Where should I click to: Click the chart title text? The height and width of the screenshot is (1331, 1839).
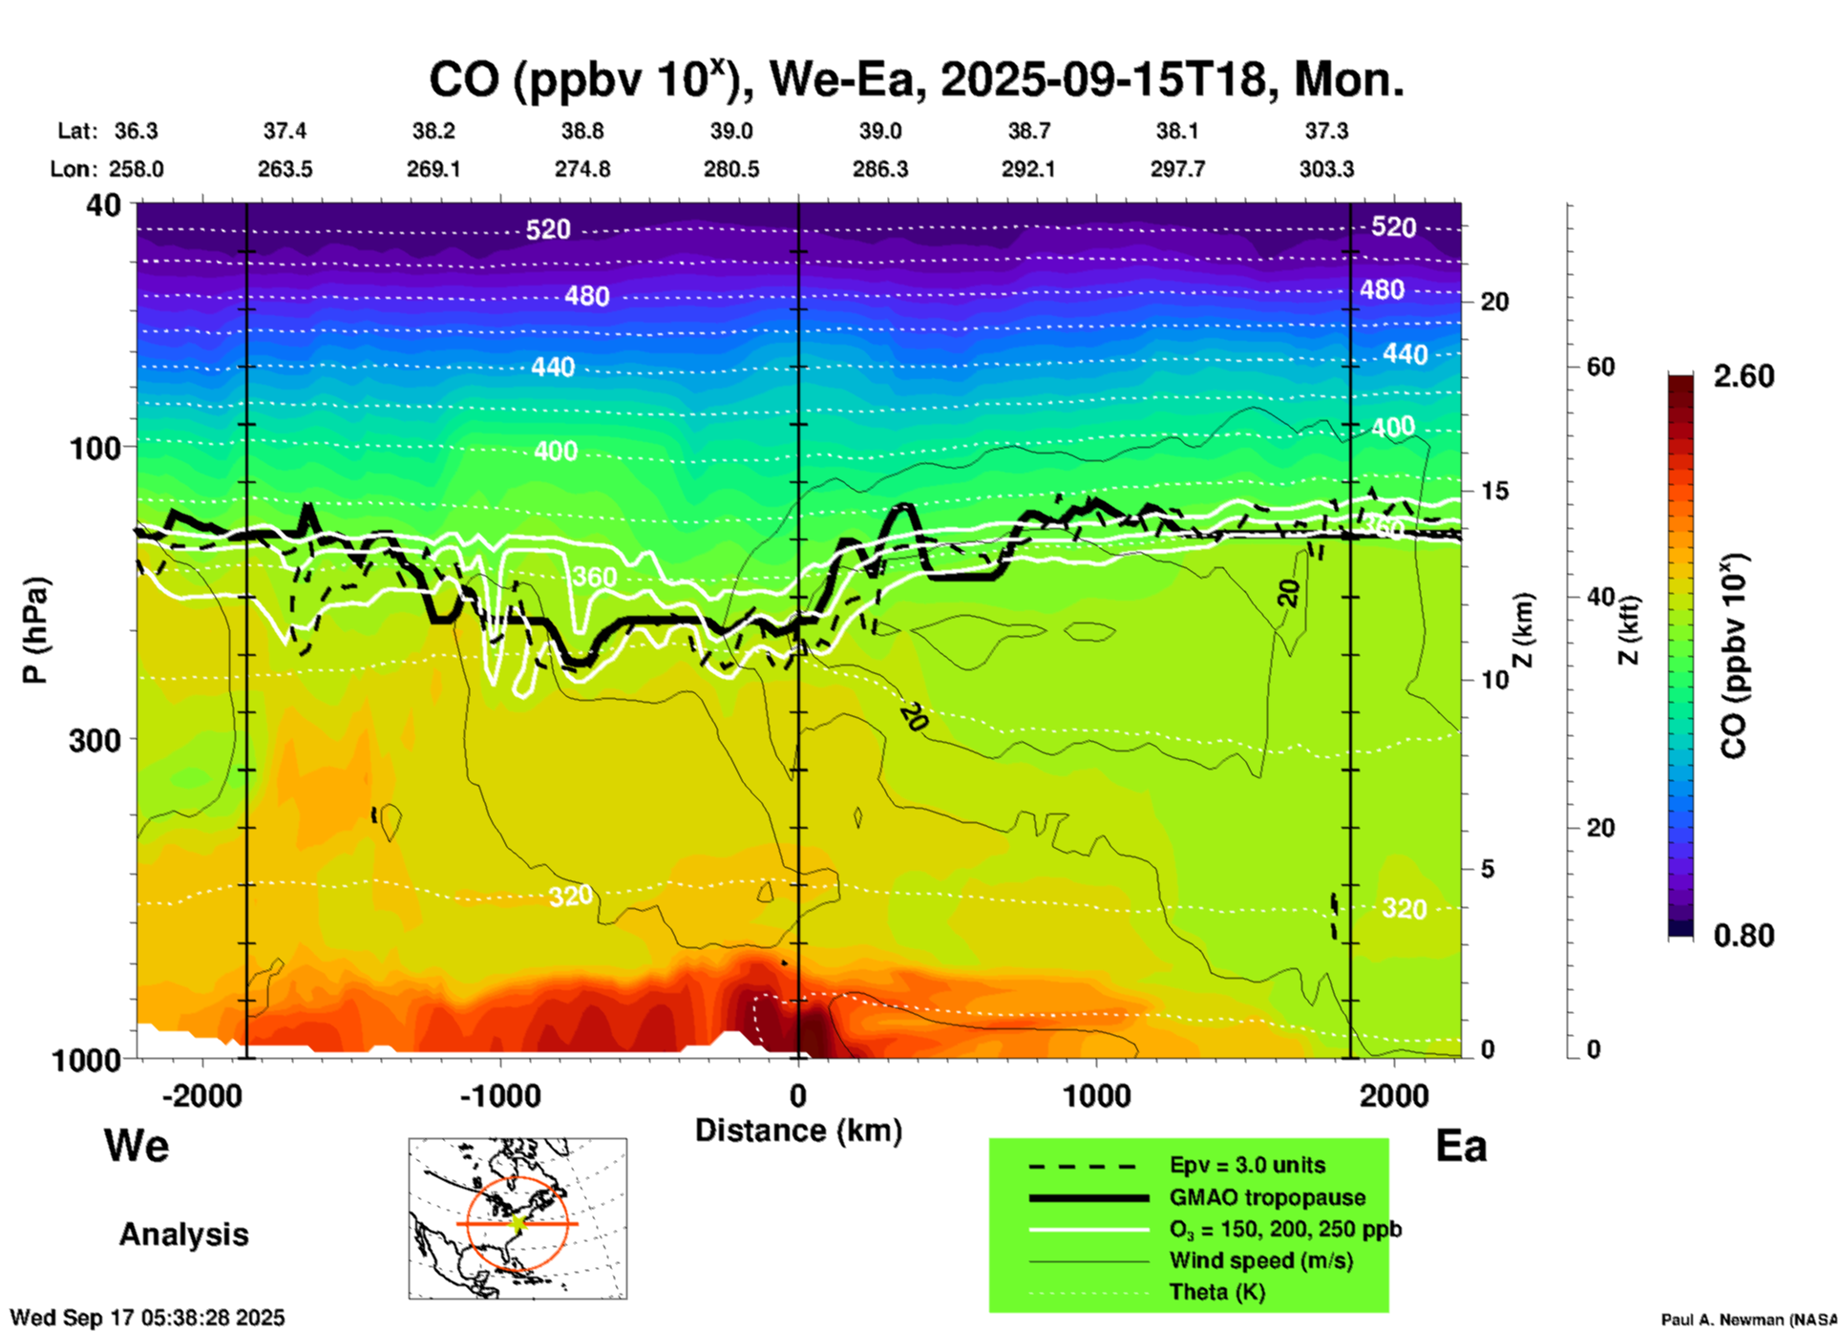[x=916, y=80]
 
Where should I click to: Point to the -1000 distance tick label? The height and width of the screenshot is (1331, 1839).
[x=499, y=1096]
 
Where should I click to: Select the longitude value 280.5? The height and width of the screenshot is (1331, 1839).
[x=731, y=169]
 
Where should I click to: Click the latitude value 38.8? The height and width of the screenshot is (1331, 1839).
[x=581, y=131]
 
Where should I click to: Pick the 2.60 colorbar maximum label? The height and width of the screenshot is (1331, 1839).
[x=1744, y=376]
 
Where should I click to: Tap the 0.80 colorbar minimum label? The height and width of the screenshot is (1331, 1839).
[x=1744, y=935]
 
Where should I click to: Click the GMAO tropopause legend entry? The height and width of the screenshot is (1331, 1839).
[x=1267, y=1197]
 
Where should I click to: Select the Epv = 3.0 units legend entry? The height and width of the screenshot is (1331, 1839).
[x=1247, y=1165]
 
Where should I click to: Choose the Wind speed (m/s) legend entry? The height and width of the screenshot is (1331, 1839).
[x=1260, y=1260]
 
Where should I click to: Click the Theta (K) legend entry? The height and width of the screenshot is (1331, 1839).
[x=1216, y=1292]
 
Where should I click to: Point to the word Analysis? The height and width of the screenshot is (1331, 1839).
[x=183, y=1234]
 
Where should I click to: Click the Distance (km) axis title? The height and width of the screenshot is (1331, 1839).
[x=798, y=1130]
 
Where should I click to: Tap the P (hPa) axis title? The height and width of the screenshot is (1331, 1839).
[x=34, y=630]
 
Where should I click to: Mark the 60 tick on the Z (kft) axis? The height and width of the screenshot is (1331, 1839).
[x=1600, y=367]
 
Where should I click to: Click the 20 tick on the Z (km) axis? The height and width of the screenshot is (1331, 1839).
[x=1494, y=302]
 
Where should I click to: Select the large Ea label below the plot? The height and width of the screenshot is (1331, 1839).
[x=1461, y=1146]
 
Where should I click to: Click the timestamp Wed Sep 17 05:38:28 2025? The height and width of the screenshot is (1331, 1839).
[x=147, y=1318]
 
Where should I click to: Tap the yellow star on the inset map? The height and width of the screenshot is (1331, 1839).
[x=518, y=1222]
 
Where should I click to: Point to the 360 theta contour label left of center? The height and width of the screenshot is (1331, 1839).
[x=594, y=577]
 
